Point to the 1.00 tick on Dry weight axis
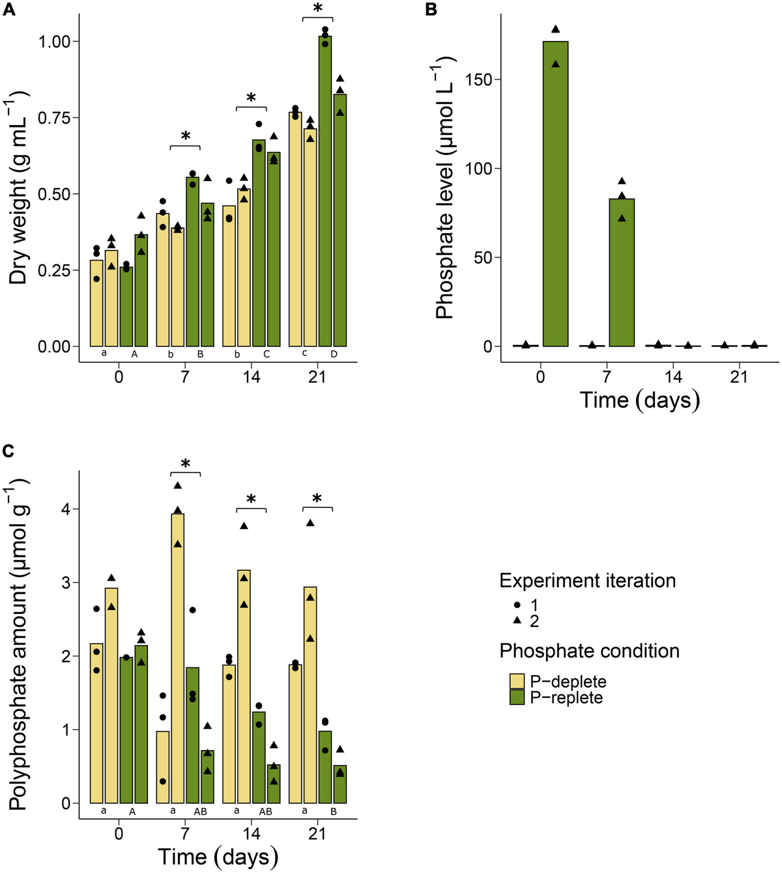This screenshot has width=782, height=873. point(56,42)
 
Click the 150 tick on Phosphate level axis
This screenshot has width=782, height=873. point(479,79)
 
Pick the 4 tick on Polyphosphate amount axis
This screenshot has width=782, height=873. point(66,508)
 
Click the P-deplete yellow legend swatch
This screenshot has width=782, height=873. point(517,682)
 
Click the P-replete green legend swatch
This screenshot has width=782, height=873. point(517,698)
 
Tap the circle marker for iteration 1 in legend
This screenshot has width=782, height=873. point(517,605)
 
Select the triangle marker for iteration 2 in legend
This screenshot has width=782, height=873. point(517,621)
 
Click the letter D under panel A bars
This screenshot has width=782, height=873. point(334,355)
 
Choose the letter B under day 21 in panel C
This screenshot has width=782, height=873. point(334,812)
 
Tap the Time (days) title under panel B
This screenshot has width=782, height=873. point(639,399)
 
